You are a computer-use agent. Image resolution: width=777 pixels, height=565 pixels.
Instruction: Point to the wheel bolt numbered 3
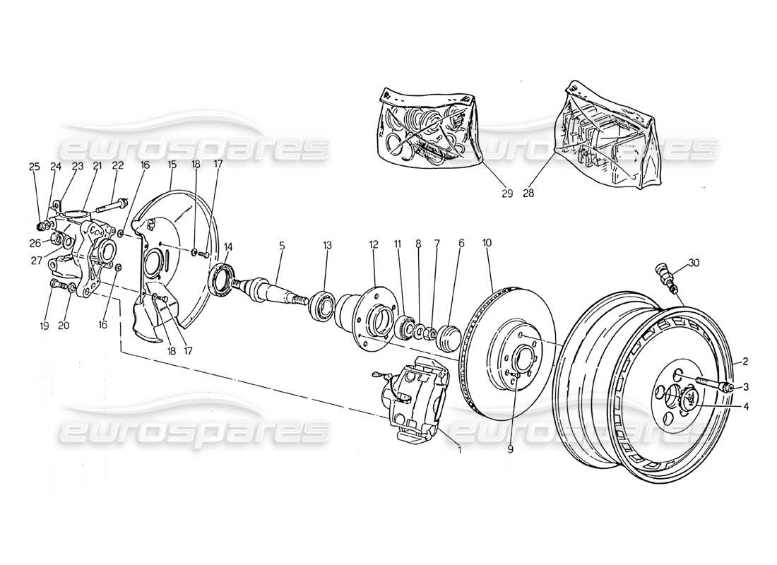point(715,386)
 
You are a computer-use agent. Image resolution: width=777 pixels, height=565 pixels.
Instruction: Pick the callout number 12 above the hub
point(374,244)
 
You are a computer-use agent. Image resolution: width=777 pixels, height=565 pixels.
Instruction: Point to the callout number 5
point(282,246)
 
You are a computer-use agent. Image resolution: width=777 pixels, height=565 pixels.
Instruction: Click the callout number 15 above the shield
point(172,165)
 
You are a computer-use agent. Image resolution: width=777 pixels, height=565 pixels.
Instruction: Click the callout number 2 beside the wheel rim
point(745,362)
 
